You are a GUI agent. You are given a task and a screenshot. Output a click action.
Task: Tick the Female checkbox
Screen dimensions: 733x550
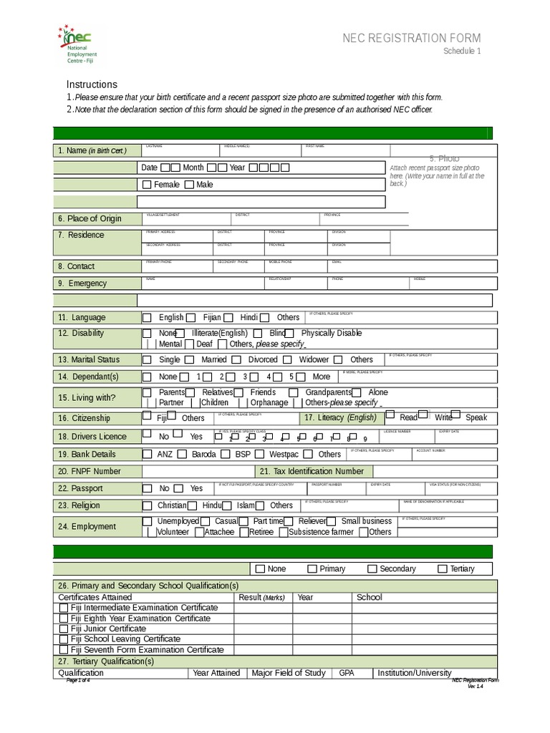click(x=147, y=185)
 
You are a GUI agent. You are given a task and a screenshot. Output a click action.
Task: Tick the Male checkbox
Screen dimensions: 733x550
click(x=189, y=185)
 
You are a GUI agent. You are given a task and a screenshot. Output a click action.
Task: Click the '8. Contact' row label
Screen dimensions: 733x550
click(x=76, y=266)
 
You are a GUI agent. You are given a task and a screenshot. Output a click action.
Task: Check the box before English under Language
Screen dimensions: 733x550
click(x=147, y=317)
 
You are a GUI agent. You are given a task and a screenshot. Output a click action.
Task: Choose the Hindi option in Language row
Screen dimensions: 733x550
click(x=249, y=317)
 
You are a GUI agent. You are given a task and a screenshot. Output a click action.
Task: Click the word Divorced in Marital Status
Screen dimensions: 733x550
click(x=263, y=359)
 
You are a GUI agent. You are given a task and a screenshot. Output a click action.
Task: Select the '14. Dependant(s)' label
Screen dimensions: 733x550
click(x=89, y=377)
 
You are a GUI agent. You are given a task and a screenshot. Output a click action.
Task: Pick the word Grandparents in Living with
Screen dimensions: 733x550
click(x=328, y=392)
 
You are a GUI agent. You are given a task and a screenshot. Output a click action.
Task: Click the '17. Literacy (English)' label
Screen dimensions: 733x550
click(x=340, y=418)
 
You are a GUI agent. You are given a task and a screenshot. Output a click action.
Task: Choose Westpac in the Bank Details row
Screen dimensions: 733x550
click(x=284, y=454)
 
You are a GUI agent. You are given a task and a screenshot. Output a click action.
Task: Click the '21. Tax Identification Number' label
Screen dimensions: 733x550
click(x=312, y=471)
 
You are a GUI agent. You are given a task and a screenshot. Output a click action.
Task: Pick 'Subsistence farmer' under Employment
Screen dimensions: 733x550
click(x=321, y=532)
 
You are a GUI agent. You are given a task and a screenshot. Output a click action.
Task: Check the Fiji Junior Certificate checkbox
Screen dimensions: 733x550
click(x=64, y=628)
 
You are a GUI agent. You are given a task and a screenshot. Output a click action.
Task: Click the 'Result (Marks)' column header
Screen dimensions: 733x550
click(x=261, y=597)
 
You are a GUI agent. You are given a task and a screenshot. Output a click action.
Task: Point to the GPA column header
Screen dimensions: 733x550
click(x=347, y=673)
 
